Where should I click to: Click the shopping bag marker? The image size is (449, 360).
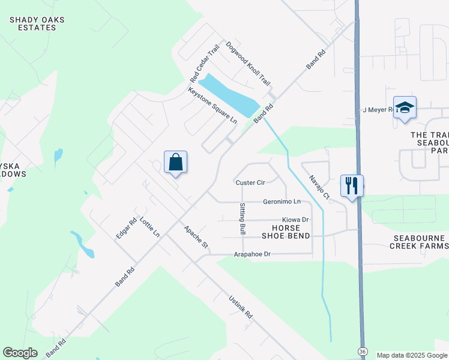point(175,162)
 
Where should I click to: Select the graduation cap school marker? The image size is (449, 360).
point(405,107)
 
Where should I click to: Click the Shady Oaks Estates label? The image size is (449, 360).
point(37,23)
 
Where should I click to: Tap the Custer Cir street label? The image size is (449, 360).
point(250,182)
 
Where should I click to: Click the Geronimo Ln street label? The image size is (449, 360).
point(282,202)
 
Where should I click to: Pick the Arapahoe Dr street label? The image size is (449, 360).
point(253,254)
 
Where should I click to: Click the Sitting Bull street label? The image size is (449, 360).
point(243,218)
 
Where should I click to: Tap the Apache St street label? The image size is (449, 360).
point(196,237)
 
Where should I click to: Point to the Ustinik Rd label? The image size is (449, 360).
point(240,306)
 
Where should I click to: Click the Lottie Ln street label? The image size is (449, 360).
point(149,227)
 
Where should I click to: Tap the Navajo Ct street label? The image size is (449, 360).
point(319,187)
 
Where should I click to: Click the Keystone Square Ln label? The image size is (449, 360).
point(212,105)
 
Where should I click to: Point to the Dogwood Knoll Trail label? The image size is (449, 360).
point(248,63)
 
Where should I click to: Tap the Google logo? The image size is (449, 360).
point(20,353)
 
